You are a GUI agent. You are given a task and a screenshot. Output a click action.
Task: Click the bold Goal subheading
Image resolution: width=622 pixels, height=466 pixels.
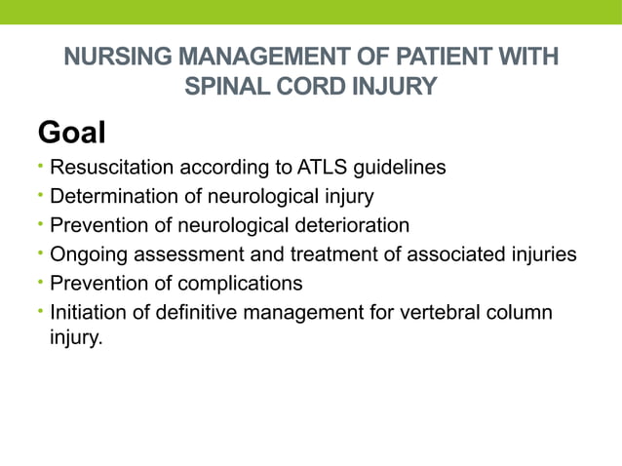point(70,132)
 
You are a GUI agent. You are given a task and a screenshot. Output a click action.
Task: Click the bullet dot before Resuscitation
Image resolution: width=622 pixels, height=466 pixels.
point(41,168)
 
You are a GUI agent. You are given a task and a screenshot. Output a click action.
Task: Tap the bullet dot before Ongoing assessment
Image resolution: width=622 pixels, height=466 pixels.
point(41,254)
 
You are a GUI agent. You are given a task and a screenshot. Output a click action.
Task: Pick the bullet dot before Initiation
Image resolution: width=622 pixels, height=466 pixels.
point(41,313)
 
